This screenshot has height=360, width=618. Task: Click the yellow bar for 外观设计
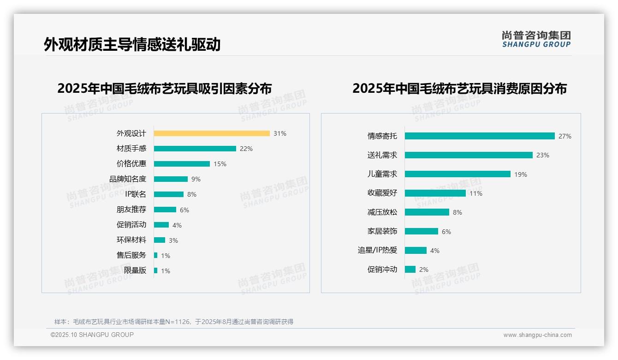[212, 133]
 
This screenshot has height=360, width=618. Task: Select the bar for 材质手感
[195, 149]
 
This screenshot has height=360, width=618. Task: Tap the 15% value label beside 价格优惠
[220, 164]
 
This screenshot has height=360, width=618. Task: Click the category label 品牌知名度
[128, 179]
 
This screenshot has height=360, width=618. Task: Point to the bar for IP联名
[168, 194]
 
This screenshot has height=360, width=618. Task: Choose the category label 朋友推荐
[131, 210]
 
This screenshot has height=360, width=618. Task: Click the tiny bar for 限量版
[156, 270]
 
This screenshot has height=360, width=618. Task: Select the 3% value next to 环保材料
[173, 240]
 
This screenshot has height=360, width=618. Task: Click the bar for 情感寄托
[480, 136]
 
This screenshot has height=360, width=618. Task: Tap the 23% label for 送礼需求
[543, 156]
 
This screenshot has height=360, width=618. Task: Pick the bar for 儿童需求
[458, 174]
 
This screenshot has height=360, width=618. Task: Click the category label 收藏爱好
[382, 193]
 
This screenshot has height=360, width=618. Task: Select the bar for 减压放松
[427, 212]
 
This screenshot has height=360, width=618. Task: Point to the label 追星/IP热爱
[377, 250]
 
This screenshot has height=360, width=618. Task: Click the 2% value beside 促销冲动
[424, 270]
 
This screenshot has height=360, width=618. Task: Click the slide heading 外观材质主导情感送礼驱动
[132, 44]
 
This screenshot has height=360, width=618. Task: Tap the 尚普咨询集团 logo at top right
[536, 39]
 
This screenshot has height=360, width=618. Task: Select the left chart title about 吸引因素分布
[165, 88]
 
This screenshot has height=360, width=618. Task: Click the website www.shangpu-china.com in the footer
[537, 335]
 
